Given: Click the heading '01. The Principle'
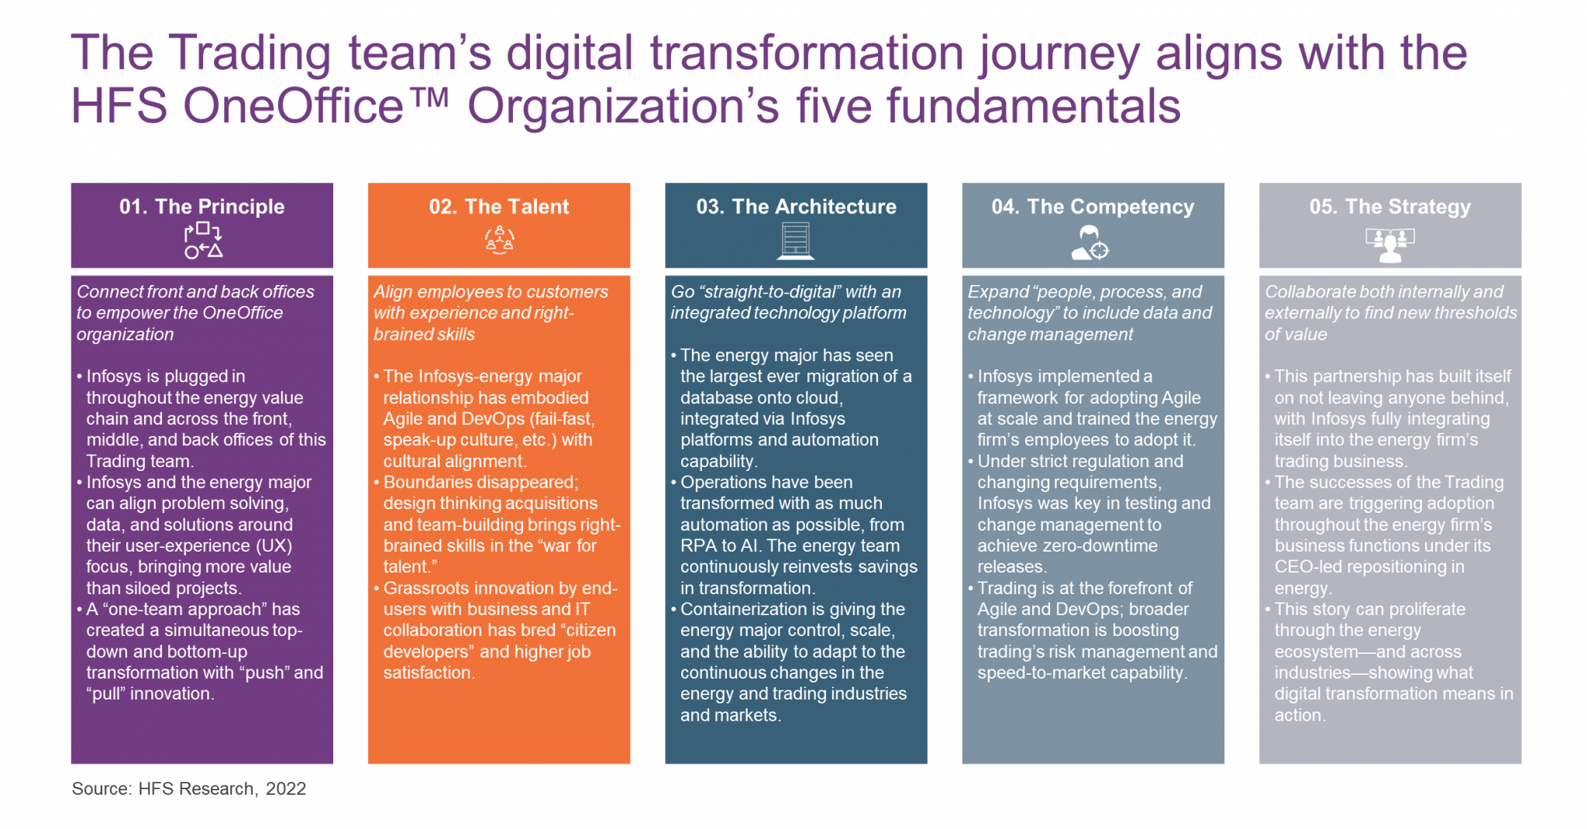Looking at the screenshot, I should pos(201,207).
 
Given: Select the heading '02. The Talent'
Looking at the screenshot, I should pos(499,207).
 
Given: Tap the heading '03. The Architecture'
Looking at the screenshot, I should pos(796,207).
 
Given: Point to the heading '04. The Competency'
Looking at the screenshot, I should pos(1093,207).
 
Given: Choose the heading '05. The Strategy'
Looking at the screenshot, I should pos(1390,207).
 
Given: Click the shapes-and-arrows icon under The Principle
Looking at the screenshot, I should pos(203,241).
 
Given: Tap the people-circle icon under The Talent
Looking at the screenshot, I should pos(500,241).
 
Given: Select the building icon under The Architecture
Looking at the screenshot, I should pos(796,241).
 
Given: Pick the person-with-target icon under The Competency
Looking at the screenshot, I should pos(1090,243).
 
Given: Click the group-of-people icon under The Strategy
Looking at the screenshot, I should pos(1390,245).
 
